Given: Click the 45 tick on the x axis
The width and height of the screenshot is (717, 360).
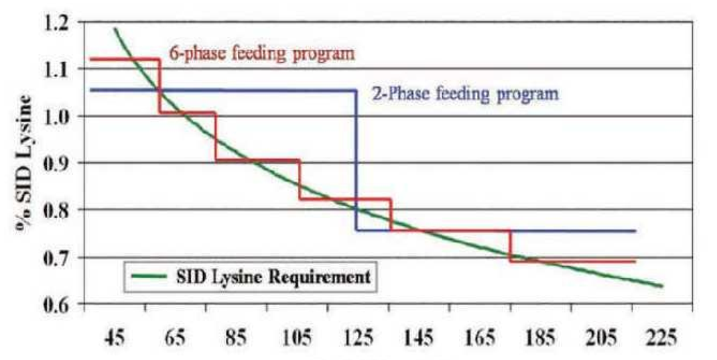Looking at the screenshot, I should pos(115,337).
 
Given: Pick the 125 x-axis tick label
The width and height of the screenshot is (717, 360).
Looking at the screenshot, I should pos(358,337).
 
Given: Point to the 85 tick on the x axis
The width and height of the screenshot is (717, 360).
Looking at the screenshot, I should pos(237,337).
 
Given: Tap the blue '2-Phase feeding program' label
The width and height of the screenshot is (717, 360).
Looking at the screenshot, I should pos(464,93).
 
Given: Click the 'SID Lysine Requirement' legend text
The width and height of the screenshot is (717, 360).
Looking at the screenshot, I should pos(271,276).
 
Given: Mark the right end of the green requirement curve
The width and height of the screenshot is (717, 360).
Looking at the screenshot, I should pos(662,286).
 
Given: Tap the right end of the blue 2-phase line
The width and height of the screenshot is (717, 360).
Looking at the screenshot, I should pos(634,231).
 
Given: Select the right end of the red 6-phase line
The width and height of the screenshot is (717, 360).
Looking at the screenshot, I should pos(634,261).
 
